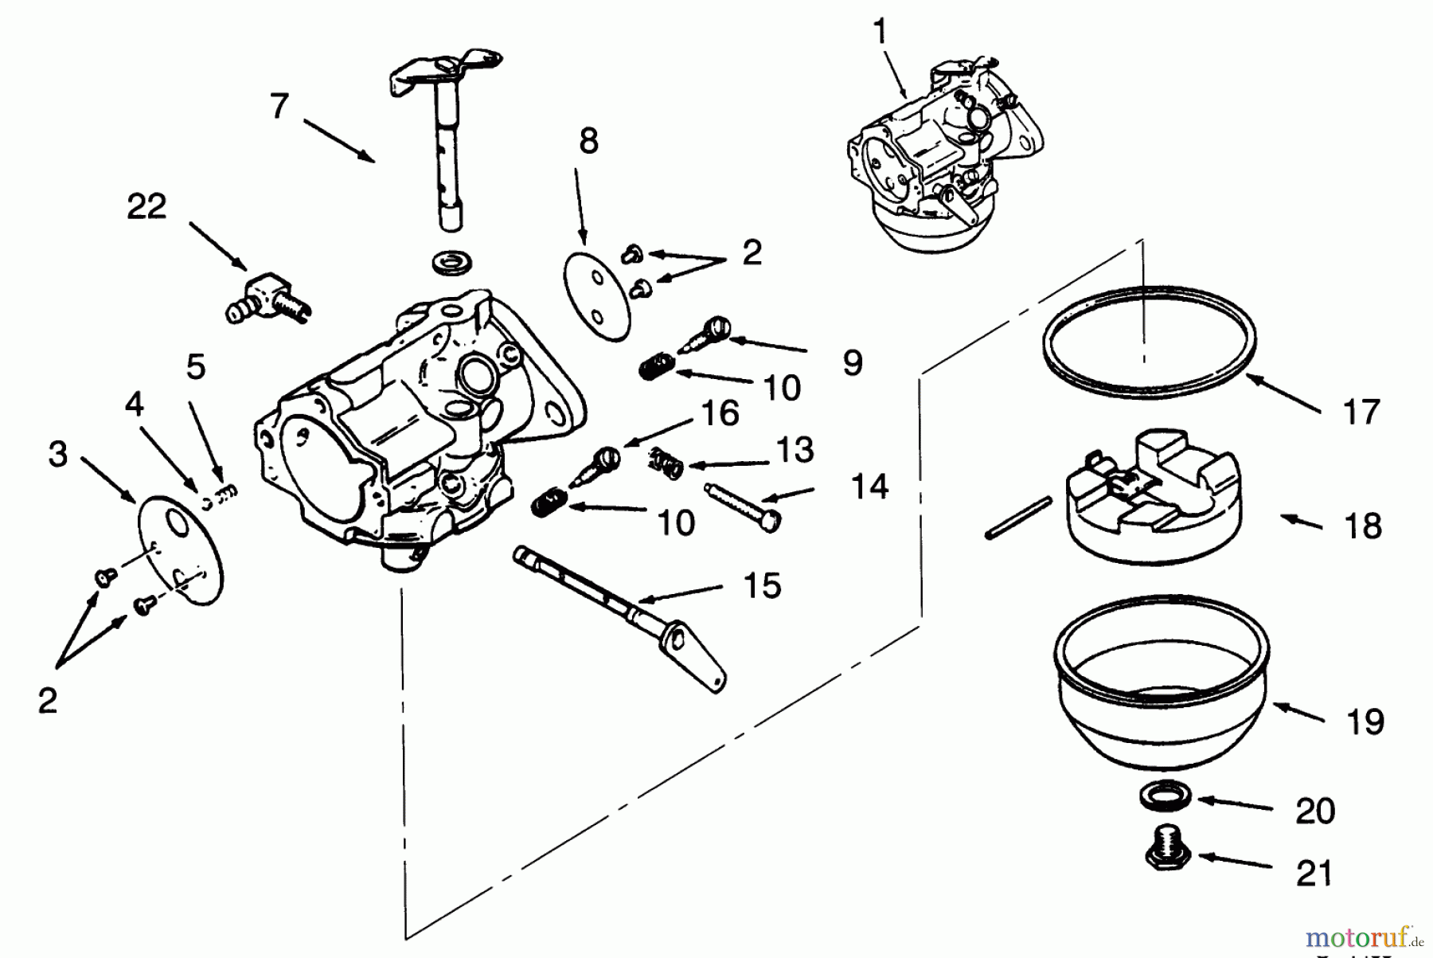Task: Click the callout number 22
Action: pos(146,206)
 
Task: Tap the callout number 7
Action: pos(279,106)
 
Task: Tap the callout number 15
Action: pos(762,585)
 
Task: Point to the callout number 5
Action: pos(196,367)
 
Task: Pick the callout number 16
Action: pos(720,414)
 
